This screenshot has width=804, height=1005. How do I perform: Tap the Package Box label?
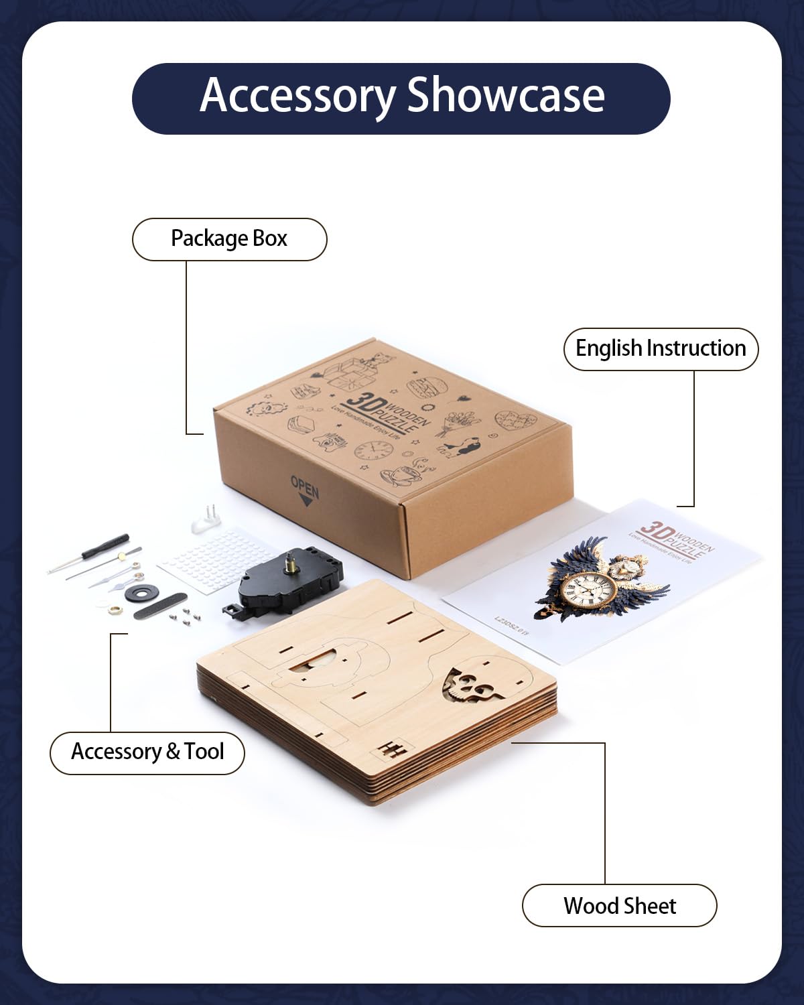[229, 239]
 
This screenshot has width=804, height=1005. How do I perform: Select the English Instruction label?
[661, 348]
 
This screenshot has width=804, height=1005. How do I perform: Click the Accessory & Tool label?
[147, 752]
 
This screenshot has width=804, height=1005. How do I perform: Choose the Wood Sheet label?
[620, 906]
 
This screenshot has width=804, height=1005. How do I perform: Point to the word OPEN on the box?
[305, 485]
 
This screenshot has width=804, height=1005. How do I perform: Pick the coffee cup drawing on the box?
[400, 475]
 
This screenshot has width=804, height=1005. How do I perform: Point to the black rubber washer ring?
[141, 592]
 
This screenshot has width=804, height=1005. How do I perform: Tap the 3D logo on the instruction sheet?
[655, 534]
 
